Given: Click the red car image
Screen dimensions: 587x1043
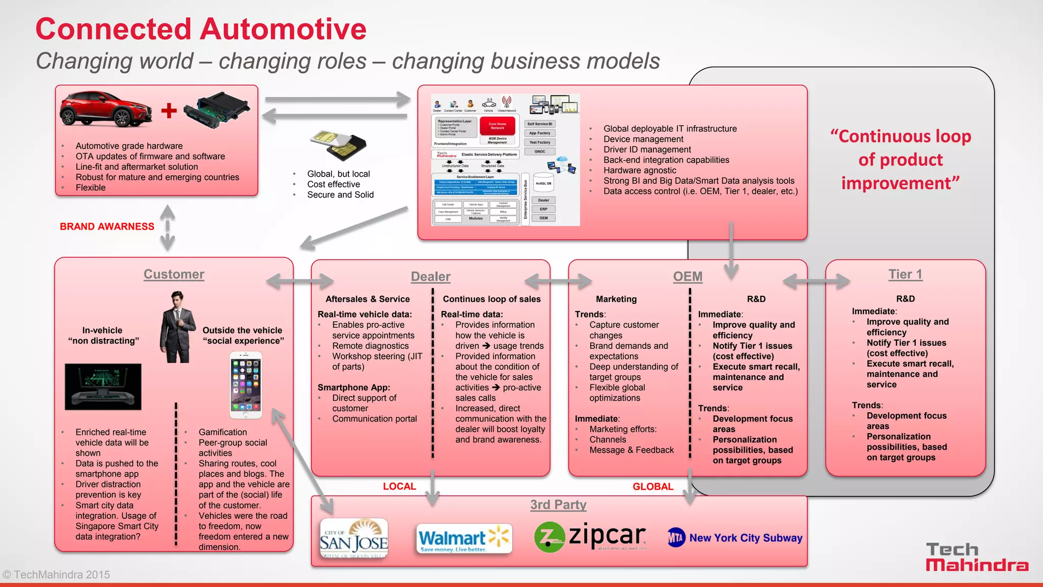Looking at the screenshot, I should pos(106,109).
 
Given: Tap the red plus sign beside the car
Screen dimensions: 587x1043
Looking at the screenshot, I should pos(169,110).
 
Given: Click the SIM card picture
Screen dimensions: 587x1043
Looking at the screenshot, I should pos(338,145).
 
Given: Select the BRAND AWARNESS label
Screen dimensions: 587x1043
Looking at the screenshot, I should pos(107,227).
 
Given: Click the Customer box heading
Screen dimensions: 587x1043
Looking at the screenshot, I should pos(174,274).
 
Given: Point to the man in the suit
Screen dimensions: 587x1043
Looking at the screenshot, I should pos(178,327).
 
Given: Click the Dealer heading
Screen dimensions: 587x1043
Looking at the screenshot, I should pos(430,276).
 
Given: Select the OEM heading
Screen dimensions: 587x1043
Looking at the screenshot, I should pos(688,276).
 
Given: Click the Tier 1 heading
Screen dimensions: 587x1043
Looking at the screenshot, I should pos(905,274).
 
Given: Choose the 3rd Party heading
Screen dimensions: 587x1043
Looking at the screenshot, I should pos(558,505).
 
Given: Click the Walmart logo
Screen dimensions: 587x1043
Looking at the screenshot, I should pos(463,539).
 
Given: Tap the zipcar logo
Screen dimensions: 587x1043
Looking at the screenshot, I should pos(591,537).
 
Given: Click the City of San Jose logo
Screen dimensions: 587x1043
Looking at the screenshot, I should pos(354,539).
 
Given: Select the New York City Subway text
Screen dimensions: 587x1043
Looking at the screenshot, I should pos(746,538).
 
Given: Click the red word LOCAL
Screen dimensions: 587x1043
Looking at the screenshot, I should pos(399,486).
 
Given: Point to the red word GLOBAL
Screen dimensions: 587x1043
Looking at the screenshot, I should pos(653,486).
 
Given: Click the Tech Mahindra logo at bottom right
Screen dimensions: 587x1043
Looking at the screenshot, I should pos(976,557).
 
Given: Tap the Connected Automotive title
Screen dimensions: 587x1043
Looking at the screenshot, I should pos(201,29).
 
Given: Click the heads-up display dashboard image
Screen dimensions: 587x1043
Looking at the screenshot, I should pos(103,386).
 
